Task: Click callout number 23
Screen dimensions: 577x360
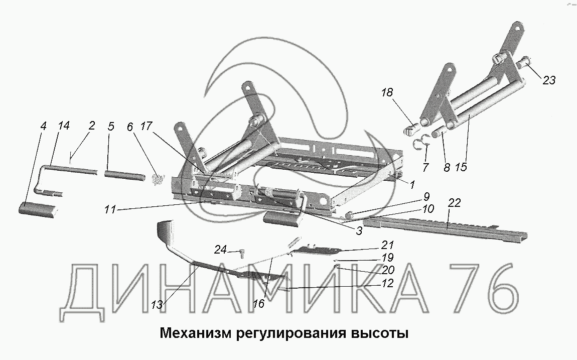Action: coord(549,80)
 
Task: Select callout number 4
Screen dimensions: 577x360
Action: coord(44,127)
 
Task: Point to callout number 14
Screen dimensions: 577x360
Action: coord(63,127)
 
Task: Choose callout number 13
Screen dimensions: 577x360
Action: coord(157,304)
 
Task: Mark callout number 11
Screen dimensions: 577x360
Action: coord(111,210)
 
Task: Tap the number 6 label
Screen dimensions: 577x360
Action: coord(130,127)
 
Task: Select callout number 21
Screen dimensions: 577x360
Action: coord(387,246)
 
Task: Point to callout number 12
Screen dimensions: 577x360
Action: coord(387,283)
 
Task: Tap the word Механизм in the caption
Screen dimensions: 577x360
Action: coord(195,333)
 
